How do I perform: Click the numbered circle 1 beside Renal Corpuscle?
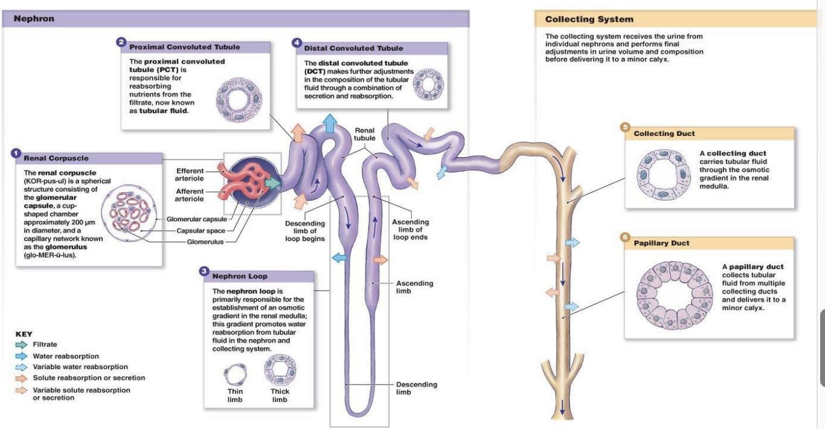click(x=16, y=153)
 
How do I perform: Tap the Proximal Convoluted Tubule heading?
click(x=184, y=47)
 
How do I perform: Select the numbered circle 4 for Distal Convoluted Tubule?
click(x=297, y=43)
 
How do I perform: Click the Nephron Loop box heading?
click(x=240, y=276)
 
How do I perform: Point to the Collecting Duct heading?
click(x=664, y=134)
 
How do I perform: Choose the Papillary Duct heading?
click(x=661, y=243)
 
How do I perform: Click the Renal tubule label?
click(x=364, y=134)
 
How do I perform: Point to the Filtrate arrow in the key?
click(x=22, y=344)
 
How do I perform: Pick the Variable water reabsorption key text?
click(x=80, y=367)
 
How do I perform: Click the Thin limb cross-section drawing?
click(x=235, y=375)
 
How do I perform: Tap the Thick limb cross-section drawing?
click(x=280, y=370)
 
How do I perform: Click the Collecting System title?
click(x=589, y=19)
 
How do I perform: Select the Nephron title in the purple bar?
click(x=34, y=19)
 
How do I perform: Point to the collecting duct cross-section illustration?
click(x=663, y=175)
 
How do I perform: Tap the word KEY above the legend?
click(x=24, y=334)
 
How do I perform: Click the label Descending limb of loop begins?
click(x=305, y=231)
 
